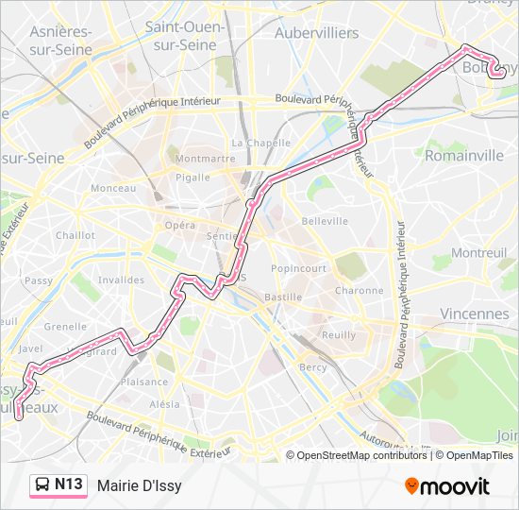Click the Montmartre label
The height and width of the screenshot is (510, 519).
coord(205,159)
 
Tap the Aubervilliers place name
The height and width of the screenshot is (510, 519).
coord(316,33)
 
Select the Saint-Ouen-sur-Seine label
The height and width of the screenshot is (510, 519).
coord(185,35)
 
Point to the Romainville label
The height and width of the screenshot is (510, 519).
coord(463,156)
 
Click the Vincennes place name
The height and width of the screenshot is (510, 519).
coord(474,314)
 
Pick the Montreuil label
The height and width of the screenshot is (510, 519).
coord(479,253)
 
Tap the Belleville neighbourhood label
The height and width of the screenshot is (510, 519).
coord(325,221)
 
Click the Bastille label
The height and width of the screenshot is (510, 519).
coord(283,297)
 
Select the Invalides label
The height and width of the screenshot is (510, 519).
coord(121,280)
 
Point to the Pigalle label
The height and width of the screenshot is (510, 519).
coord(193,178)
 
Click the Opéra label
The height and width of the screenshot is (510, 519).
coord(179,225)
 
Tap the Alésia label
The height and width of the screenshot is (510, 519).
coord(164,404)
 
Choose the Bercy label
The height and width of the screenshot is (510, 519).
coord(312,366)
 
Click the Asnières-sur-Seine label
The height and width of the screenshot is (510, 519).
coord(61,40)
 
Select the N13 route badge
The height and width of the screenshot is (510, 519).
coord(59,485)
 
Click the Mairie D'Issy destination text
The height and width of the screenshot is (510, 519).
coord(139,485)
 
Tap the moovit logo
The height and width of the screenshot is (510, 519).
coord(447,486)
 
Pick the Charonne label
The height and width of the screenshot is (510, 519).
coord(359,291)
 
